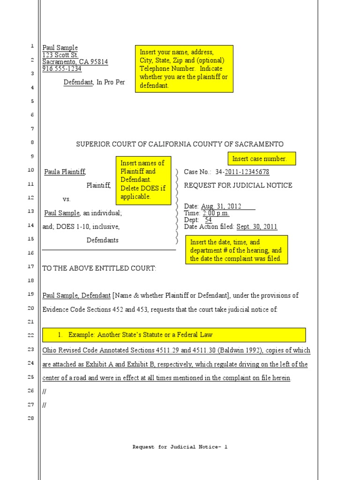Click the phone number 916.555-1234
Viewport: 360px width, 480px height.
62,69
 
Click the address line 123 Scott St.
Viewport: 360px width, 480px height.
60,55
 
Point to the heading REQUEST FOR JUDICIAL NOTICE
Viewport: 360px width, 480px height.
238,185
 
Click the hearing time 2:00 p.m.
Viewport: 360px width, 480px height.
216,213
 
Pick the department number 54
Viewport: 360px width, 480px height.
209,220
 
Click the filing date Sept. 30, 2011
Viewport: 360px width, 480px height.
256,227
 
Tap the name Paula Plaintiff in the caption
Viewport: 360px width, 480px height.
65,172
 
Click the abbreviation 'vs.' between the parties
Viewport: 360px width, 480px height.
67,199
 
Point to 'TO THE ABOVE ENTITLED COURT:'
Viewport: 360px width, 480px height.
99,268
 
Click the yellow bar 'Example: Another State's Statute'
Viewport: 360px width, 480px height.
174,335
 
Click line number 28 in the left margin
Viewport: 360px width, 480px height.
31,418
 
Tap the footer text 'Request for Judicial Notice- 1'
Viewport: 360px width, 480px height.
180,447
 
